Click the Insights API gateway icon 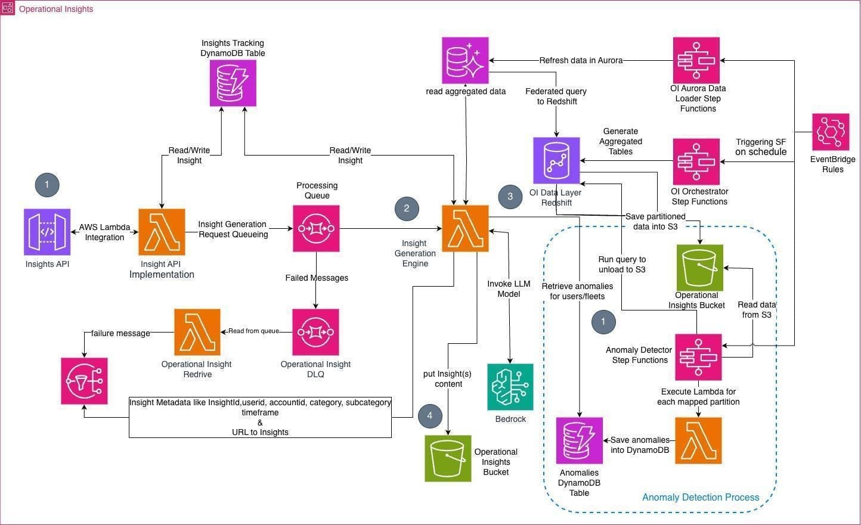47,232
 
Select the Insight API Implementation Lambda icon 162,232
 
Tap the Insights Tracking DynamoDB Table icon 233,83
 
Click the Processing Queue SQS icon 317,228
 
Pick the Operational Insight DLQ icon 315,332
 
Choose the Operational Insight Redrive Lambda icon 197,332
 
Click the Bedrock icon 510,387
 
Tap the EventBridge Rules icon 831,132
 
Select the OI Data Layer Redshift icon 556,160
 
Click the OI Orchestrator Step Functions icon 696,161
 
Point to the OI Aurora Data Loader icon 696,60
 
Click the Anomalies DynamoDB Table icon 579,440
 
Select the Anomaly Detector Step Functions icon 698,357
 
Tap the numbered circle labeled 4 430,415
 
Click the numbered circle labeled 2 407,209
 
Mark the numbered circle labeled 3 510,197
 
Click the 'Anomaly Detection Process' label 701,498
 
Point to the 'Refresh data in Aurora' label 581,60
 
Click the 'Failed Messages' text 317,278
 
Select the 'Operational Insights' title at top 56,9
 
